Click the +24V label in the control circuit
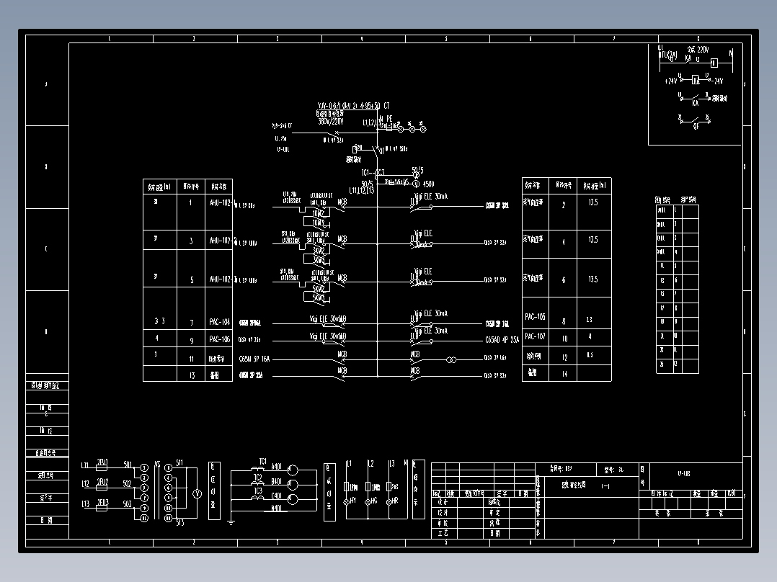tap(671, 81)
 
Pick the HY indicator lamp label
tap(352, 501)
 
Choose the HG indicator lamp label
tap(373, 501)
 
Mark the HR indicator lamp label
tap(394, 501)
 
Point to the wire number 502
tap(128, 484)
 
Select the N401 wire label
tap(276, 509)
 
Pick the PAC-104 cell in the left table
tap(220, 322)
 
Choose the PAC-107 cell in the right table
tap(535, 336)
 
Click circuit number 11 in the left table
tap(191, 357)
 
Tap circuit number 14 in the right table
tap(564, 373)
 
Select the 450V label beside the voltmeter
tap(428, 184)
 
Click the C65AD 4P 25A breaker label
tap(502, 340)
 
